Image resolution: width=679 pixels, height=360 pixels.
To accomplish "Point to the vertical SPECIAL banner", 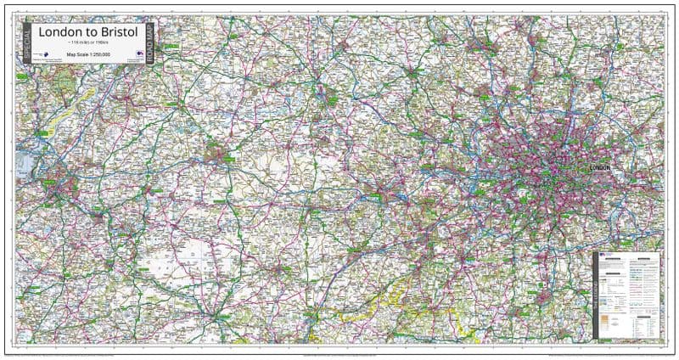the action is [x=27, y=43].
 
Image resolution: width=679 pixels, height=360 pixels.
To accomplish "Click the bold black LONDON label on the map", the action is [x=599, y=167].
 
